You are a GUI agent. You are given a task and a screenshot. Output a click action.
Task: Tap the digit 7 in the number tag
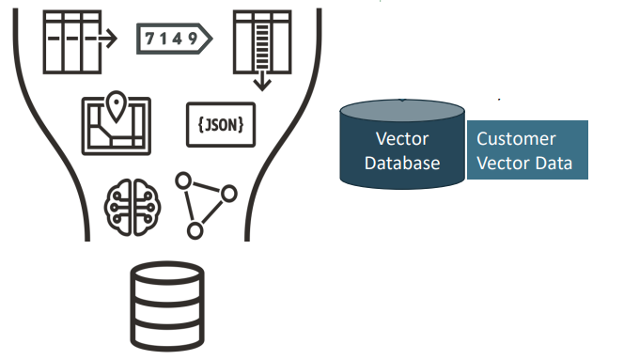150,38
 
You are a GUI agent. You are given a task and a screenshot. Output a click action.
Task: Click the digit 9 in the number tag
192,38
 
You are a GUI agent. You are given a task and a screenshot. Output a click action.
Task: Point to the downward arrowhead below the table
262,84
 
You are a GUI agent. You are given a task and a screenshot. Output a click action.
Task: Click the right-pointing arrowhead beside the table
111,39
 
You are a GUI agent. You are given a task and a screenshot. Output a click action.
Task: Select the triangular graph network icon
206,201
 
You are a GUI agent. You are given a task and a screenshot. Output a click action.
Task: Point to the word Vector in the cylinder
402,139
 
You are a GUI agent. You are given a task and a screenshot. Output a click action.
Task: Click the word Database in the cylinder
403,163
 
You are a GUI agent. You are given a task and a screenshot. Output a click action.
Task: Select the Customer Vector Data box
527,150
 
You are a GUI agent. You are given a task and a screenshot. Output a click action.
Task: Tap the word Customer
516,139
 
